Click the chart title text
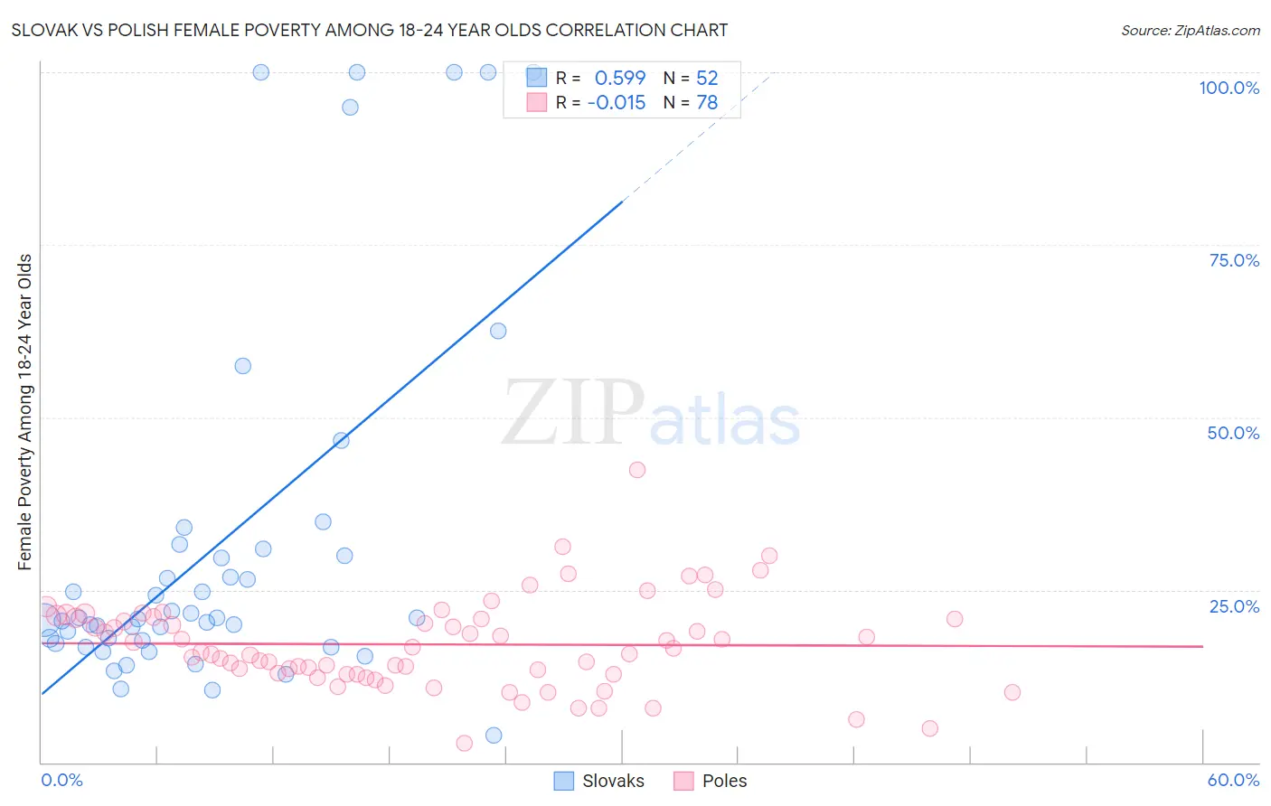coord(370,30)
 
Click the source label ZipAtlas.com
coord(1190,30)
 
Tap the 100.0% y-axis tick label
coord(1229,88)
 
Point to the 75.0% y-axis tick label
coord(1234,260)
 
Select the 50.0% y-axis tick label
coord(1233,433)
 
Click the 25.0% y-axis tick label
coord(1234,606)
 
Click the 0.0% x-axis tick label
coord(61,780)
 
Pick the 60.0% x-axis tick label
coord(1233,780)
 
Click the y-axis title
coord(25,412)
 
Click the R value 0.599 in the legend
coord(620,79)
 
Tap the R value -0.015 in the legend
coord(617,103)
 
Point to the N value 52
coord(707,79)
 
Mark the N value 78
coord(707,103)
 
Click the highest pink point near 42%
coord(637,470)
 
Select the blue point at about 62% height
coord(498,331)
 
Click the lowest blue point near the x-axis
coord(494,736)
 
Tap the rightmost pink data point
coord(1012,693)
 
